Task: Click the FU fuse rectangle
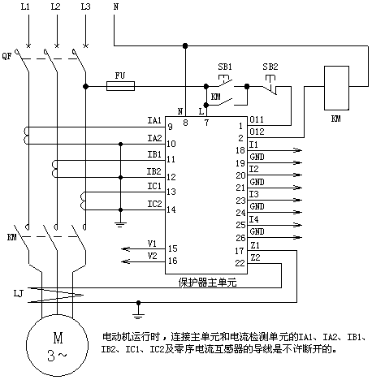coord(120,86)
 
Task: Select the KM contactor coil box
coord(336,88)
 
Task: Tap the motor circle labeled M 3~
coord(57,345)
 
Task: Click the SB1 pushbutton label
coord(225,67)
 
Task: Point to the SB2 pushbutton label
coord(270,67)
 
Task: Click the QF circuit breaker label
coord(7,56)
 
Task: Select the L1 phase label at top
coord(25,6)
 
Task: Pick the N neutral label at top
coord(116,6)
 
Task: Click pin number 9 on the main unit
coord(170,127)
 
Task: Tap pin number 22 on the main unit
coord(240,263)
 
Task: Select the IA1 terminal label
coord(154,120)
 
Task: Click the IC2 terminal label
coord(154,204)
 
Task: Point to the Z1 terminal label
coord(255,245)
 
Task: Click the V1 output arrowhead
coord(126,248)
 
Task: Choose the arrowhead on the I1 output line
coord(297,150)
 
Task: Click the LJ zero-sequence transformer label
coord(19,293)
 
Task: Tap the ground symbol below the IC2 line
coord(120,224)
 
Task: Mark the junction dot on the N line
coord(185,45)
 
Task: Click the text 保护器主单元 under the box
coord(207,283)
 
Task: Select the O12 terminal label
coord(257,132)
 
